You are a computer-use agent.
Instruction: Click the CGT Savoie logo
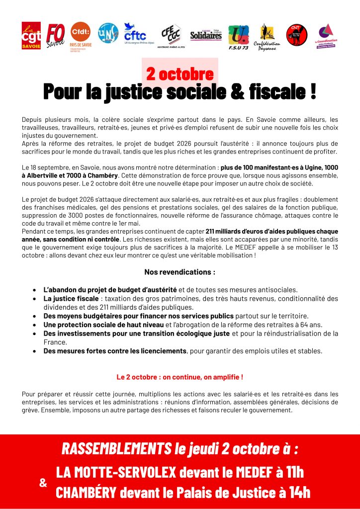[31, 35]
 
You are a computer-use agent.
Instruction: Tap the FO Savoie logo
[55, 35]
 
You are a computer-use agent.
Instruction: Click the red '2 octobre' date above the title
[180, 74]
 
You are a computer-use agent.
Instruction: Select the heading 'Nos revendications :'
[180, 272]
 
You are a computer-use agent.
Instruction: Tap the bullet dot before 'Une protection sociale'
[34, 325]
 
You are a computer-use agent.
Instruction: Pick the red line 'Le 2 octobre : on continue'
[180, 377]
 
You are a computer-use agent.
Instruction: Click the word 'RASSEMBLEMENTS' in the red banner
[116, 449]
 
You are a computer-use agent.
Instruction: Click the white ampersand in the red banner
[43, 483]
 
